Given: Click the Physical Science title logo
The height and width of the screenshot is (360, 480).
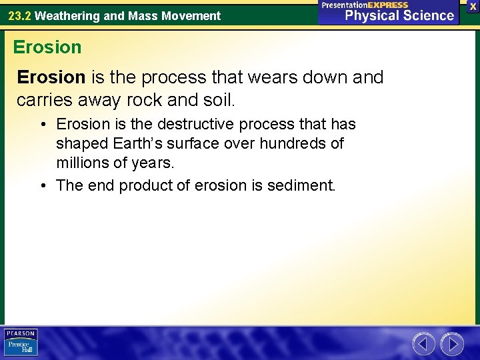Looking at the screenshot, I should tap(399, 15).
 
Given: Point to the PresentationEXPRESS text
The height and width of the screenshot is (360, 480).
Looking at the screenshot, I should tap(365, 5).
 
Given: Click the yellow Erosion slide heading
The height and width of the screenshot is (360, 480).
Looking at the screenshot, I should tap(47, 47).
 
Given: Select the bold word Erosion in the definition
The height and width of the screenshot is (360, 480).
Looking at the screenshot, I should tap(51, 78).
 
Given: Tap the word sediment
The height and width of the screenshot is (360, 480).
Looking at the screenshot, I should tap(302, 185).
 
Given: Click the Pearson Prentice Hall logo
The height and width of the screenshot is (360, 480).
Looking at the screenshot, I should tap(21, 342).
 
